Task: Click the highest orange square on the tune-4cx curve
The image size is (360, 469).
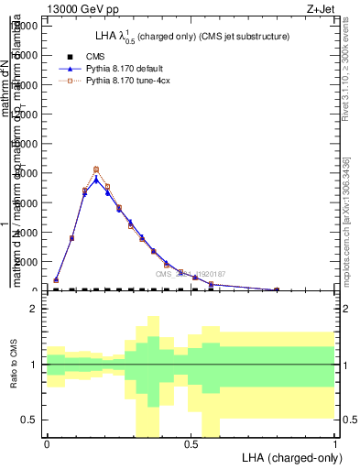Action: [x=96, y=169]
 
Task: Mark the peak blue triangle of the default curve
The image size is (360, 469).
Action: [x=96, y=180]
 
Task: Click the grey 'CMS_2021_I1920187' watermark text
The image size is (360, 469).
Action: [x=190, y=274]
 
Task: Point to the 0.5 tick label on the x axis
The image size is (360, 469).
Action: [x=191, y=443]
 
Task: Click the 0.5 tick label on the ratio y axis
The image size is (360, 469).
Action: [x=27, y=420]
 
